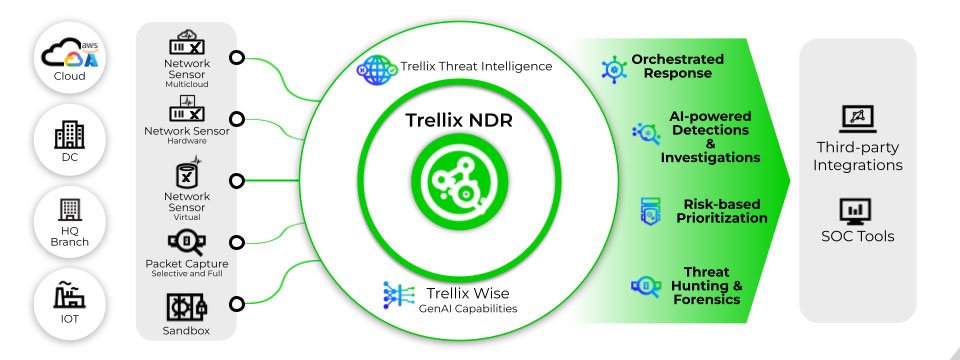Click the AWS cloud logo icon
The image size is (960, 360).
70,55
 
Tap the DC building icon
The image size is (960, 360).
69,134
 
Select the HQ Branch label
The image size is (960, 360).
69,237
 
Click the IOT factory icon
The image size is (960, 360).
69,295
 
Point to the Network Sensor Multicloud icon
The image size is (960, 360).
187,43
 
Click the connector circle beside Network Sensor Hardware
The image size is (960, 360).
236,119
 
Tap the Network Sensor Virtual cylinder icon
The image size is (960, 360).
186,173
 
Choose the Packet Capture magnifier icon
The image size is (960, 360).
187,243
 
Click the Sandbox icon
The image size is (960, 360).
187,307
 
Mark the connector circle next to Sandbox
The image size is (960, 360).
236,304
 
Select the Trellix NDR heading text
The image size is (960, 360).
459,121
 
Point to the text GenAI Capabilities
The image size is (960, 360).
468,309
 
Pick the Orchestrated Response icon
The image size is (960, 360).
613,69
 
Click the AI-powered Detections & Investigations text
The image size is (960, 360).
710,137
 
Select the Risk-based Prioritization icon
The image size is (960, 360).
650,212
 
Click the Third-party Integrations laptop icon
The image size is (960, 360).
857,119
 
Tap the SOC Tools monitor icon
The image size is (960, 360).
857,211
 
